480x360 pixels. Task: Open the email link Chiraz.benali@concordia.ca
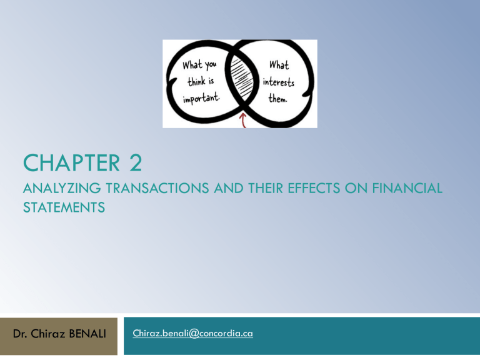pyautogui.click(x=193, y=333)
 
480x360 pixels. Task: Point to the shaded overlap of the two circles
pyautogui.click(x=240, y=82)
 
